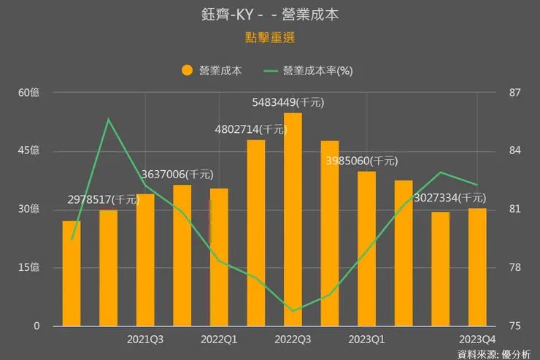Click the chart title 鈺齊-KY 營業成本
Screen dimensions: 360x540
(269, 15)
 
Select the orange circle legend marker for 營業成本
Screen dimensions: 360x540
(188, 71)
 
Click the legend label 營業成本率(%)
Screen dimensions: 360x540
(318, 71)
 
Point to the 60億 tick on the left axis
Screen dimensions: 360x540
(29, 93)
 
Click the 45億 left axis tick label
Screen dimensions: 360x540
(29, 150)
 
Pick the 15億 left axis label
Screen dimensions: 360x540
(29, 267)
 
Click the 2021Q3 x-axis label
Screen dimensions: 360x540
(145, 339)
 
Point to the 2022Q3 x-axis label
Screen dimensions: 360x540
(293, 339)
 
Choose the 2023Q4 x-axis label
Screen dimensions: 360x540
(477, 339)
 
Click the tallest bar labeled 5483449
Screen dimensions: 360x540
(293, 219)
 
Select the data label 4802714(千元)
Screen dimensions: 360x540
(251, 129)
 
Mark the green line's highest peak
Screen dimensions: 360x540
(108, 119)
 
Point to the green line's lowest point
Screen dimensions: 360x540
(293, 311)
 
